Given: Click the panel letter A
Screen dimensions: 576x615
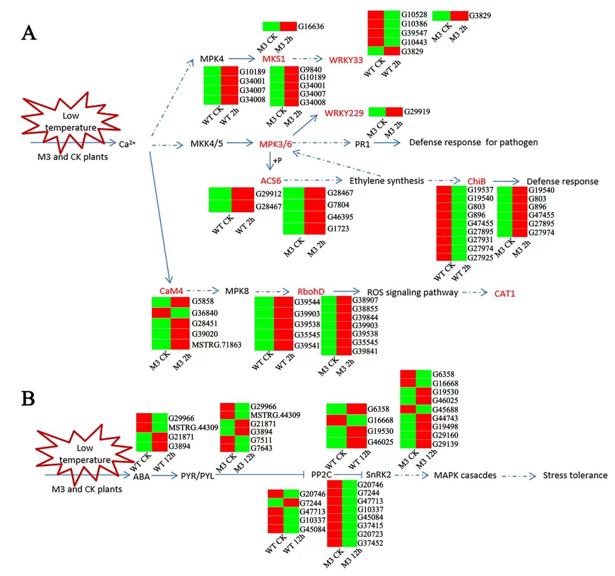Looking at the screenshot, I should point(29,33).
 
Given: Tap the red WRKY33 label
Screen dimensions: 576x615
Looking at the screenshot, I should point(346,60).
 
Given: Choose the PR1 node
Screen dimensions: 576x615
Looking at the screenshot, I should point(362,144).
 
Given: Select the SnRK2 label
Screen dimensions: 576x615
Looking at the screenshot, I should point(378,475).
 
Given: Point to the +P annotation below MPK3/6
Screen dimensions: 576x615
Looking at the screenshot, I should point(277,160).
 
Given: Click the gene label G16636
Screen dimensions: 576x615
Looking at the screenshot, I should point(311,27).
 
